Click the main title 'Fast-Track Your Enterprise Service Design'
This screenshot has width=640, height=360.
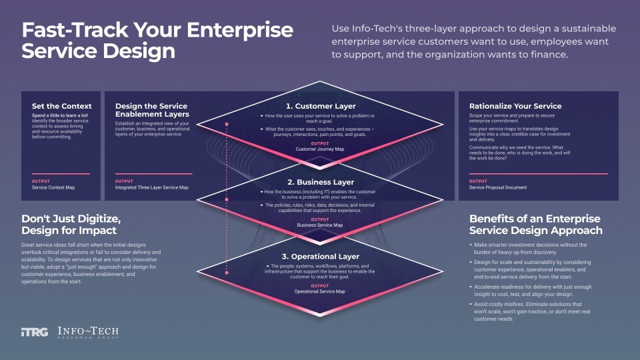157,41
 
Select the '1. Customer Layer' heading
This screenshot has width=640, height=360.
320,106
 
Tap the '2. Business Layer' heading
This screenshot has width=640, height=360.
320,182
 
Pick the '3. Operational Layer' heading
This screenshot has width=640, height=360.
320,257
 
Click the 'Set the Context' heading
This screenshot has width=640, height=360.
61,106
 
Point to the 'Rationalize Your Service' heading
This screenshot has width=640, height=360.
515,106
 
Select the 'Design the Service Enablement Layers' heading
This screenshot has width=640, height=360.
152,110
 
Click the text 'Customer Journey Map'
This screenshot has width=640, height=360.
320,149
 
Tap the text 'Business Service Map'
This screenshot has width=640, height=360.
320,225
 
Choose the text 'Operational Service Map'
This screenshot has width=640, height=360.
320,291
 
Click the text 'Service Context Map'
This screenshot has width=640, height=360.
53,187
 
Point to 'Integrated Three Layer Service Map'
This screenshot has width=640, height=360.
152,187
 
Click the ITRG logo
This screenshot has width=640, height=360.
35,332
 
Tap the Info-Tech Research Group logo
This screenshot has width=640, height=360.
89,332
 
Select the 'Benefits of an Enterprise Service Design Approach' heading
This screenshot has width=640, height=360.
535,225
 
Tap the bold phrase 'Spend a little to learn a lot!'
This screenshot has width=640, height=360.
59,116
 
